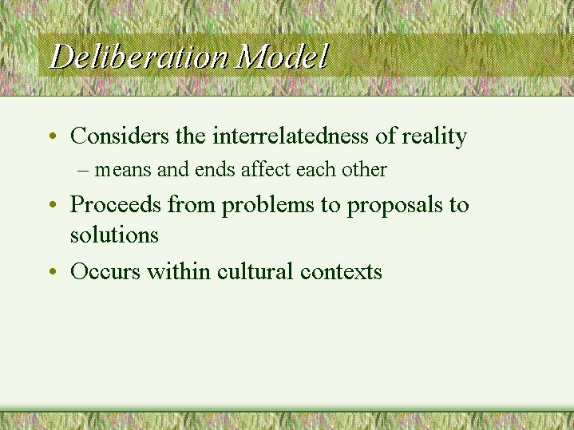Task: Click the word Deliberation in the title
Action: click(x=141, y=57)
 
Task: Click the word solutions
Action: click(x=114, y=235)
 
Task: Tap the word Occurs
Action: click(x=104, y=272)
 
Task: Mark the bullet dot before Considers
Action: click(x=52, y=138)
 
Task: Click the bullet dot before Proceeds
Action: click(x=52, y=207)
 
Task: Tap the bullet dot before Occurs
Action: click(x=52, y=274)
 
